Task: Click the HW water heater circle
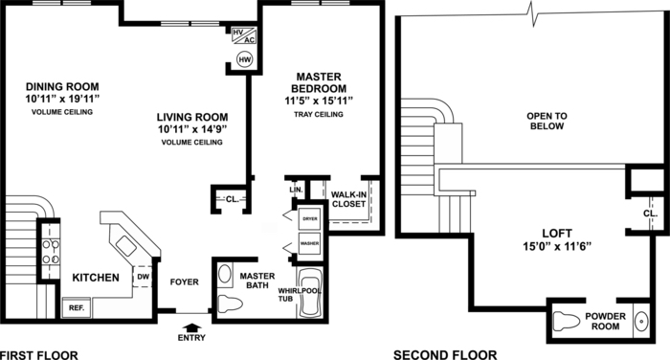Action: pos(245,60)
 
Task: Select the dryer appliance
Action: pos(310,219)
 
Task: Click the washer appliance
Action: pos(310,243)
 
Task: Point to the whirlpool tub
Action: pos(309,292)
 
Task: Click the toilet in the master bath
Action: pos(230,304)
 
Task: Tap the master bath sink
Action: pos(225,274)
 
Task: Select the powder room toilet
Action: pos(567,321)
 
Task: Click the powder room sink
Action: pos(641,321)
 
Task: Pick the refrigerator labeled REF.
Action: pos(77,308)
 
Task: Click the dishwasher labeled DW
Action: pos(144,277)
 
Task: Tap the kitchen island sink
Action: pos(126,246)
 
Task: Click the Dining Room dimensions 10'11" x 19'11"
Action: pos(62,100)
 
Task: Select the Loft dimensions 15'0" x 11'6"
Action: pos(557,247)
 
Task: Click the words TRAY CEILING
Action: pos(319,115)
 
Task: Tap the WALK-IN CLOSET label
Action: pos(348,200)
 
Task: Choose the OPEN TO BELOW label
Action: pos(547,121)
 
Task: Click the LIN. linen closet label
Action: pos(296,190)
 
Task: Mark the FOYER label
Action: pos(184,282)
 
